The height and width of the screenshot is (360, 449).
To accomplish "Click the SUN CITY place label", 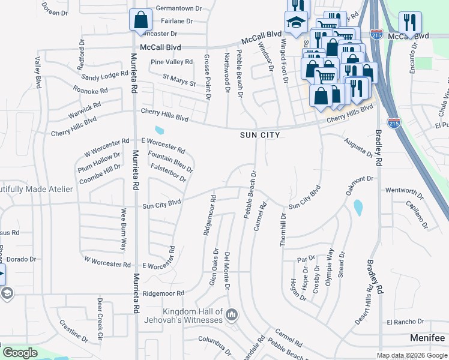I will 260,136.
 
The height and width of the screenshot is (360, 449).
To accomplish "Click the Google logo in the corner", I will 20,353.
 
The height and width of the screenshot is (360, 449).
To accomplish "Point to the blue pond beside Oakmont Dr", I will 358,208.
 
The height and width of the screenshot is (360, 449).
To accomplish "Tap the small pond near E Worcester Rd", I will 159,130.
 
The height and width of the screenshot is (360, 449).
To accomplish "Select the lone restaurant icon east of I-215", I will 410,22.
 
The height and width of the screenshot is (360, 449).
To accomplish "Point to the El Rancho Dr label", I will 405,322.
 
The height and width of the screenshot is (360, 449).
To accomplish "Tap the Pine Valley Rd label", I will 172,62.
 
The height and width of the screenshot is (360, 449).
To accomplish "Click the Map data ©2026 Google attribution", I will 412,355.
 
